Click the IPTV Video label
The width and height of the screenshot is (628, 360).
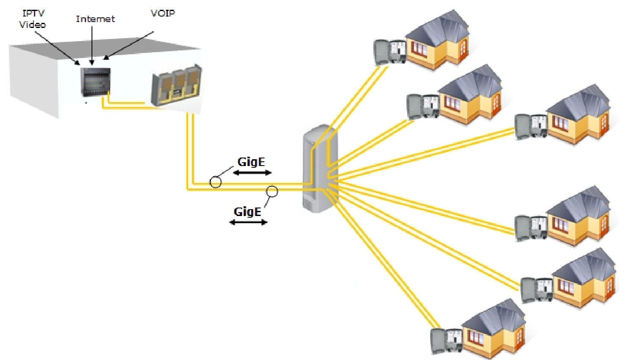tap(33, 19)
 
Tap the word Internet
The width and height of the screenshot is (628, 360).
tap(95, 19)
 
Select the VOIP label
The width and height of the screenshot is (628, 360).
tap(163, 13)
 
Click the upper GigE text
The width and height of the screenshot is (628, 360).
tap(251, 162)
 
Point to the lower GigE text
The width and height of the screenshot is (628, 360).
tap(247, 211)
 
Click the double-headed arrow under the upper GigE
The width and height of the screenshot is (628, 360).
tap(252, 173)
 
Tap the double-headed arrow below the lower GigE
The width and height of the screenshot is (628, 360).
tap(248, 222)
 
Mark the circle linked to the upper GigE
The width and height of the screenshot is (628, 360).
tap(216, 182)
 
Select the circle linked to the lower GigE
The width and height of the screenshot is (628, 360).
tap(272, 192)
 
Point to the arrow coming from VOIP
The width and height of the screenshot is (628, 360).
tap(129, 44)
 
